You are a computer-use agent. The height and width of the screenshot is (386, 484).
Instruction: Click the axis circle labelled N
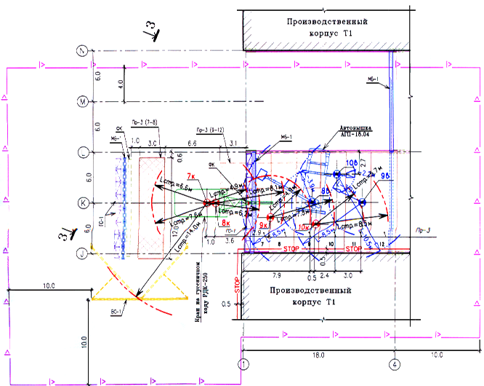tap(84, 51)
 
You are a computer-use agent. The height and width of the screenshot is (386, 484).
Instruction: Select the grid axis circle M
tap(84, 101)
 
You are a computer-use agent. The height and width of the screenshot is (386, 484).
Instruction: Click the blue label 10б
tap(352, 162)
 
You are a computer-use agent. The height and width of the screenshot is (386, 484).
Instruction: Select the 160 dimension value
tap(318, 355)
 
